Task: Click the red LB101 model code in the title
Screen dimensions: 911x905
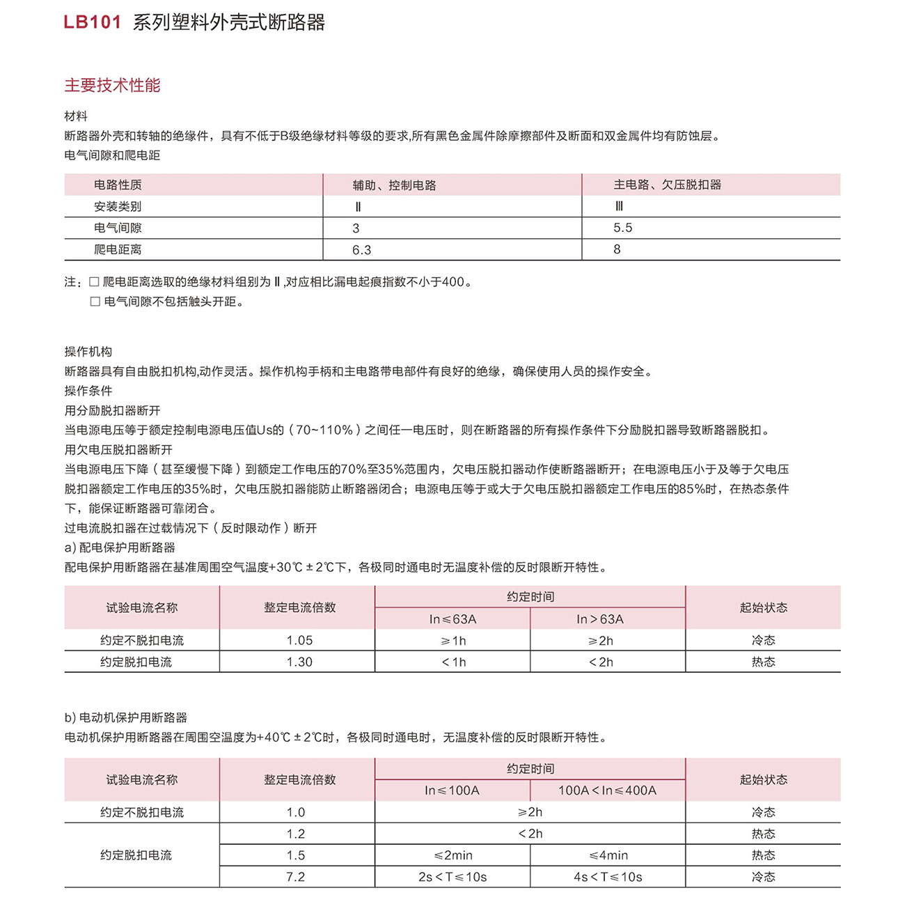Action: click(93, 22)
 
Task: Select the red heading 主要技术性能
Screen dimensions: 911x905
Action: click(112, 86)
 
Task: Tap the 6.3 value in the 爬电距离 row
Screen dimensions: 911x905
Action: click(361, 250)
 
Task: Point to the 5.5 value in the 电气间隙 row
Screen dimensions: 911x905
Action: click(622, 228)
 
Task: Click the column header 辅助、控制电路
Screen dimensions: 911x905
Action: click(394, 185)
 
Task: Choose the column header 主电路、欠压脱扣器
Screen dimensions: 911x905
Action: click(667, 185)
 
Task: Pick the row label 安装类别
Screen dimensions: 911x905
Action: click(118, 206)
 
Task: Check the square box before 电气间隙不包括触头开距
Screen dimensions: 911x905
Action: click(95, 302)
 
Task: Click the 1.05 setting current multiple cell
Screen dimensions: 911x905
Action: click(299, 640)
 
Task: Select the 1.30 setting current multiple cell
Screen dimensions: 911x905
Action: click(299, 662)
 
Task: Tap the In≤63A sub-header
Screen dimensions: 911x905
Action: click(452, 619)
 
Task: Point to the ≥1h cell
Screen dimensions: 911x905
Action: click(453, 641)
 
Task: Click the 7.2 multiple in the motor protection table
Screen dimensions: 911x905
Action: click(296, 877)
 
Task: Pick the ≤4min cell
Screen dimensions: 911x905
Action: click(608, 855)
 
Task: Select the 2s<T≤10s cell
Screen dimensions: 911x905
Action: click(452, 877)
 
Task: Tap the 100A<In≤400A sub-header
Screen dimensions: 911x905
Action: click(607, 791)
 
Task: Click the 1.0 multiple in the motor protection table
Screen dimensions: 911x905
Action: click(296, 812)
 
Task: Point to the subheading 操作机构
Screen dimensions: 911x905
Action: click(88, 352)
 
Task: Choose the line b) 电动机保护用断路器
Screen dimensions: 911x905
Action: click(126, 717)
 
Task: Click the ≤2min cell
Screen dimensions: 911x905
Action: click(453, 855)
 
